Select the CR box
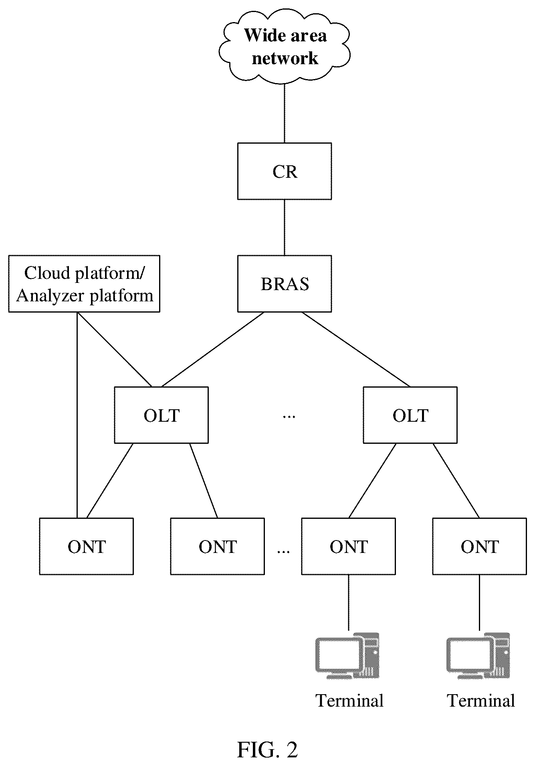point(285,171)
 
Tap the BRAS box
point(285,284)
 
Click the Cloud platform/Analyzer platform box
point(84,284)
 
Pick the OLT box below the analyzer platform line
point(161,415)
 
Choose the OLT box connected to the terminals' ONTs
point(410,415)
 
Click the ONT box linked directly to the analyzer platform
point(86,546)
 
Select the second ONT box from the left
point(217,546)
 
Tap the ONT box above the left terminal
point(348,546)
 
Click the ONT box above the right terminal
point(479,546)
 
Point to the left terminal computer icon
point(347,656)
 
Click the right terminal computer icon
point(478,656)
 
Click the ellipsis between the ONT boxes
point(283,551)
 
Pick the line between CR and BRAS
point(285,228)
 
